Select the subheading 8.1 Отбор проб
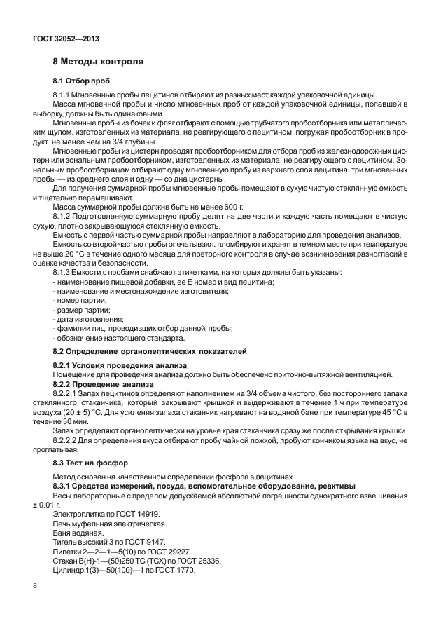(x=82, y=81)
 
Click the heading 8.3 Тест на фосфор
(x=90, y=463)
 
